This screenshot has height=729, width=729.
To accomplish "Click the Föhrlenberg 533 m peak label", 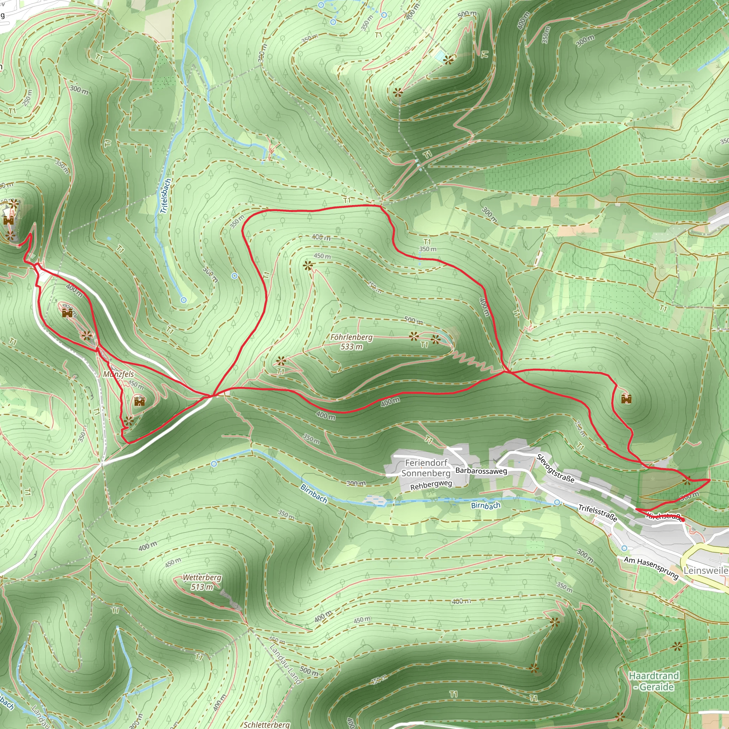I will pyautogui.click(x=351, y=342).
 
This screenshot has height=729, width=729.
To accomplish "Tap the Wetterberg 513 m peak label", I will pyautogui.click(x=202, y=582).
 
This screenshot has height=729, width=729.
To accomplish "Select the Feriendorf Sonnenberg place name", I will pyautogui.click(x=426, y=468).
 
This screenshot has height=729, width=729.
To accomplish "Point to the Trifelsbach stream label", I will pyautogui.click(x=166, y=196).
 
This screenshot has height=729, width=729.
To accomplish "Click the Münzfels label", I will pyautogui.click(x=119, y=374).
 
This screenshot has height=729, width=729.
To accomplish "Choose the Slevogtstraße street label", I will pyautogui.click(x=555, y=469).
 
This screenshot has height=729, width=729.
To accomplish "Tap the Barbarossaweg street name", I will pyautogui.click(x=481, y=471).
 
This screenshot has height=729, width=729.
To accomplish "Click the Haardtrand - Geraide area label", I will pyautogui.click(x=654, y=681).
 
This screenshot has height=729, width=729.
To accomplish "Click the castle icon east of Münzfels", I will pyautogui.click(x=139, y=402).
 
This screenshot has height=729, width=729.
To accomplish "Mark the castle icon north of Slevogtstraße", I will pyautogui.click(x=626, y=399).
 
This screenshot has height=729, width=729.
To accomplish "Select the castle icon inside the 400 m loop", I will pyautogui.click(x=67, y=313).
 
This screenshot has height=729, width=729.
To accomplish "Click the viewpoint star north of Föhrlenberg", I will pyautogui.click(x=308, y=266).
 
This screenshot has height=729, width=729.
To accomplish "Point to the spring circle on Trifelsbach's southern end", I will pyautogui.click(x=183, y=300).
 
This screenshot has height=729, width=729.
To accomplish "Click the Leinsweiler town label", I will pyautogui.click(x=706, y=570).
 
